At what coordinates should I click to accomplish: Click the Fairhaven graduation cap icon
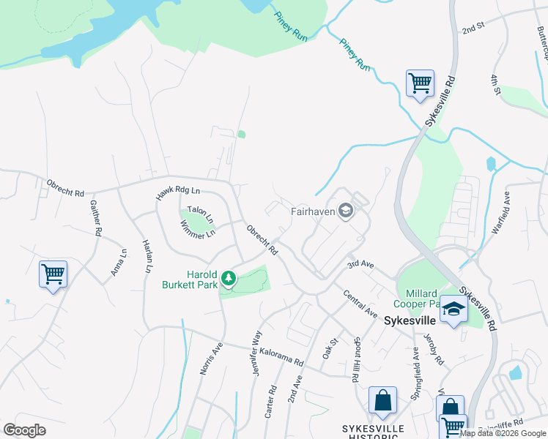(346, 212)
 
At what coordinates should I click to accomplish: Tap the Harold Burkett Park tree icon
(229, 278)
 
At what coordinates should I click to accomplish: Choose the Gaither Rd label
(95, 218)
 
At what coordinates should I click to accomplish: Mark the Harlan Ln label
(147, 256)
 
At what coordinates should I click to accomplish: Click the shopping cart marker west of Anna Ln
(53, 275)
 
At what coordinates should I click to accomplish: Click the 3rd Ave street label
(360, 263)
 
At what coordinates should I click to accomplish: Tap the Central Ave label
(360, 303)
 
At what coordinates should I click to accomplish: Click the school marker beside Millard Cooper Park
(453, 311)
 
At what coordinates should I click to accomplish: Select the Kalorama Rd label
(280, 358)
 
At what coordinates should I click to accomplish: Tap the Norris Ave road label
(211, 359)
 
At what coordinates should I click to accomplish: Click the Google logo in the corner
(25, 430)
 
